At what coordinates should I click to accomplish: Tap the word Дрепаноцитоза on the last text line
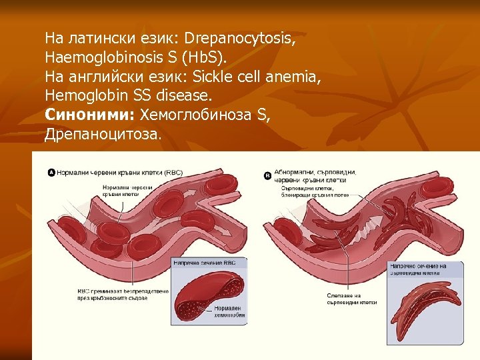point(103,135)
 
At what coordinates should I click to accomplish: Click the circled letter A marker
point(51,173)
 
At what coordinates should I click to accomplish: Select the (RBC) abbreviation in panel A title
point(173,173)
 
